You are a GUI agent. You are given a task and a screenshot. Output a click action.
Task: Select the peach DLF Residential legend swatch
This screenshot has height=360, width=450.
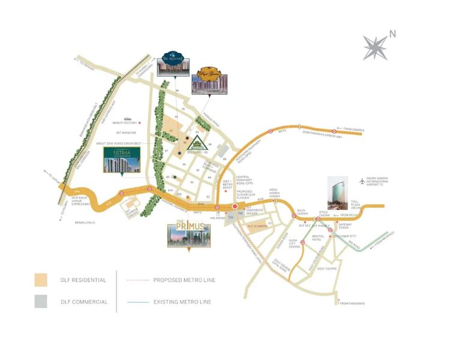(41, 280)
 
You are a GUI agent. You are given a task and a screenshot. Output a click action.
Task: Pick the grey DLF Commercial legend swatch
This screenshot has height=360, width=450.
(41, 301)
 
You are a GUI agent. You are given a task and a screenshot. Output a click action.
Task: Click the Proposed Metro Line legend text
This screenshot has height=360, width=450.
(184, 280)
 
